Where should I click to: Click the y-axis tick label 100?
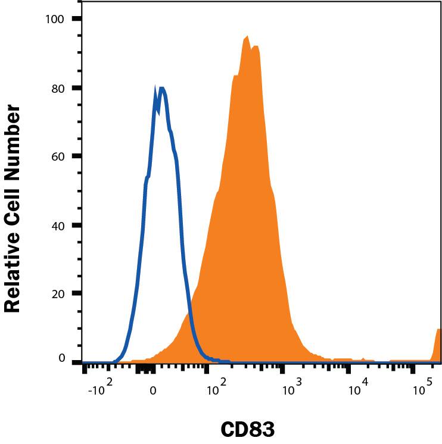coord(55,19)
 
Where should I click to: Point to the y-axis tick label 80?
coord(58,87)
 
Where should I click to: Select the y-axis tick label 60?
coord(58,156)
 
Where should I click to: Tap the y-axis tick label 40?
coord(58,225)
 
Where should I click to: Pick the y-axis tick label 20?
coord(58,293)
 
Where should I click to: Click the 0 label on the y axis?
coord(61,358)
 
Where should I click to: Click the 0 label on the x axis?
coord(153,390)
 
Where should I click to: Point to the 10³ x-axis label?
coord(290,389)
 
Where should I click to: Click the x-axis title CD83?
coord(248,429)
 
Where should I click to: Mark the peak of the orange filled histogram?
coord(247,37)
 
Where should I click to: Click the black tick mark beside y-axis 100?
coord(76,19)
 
